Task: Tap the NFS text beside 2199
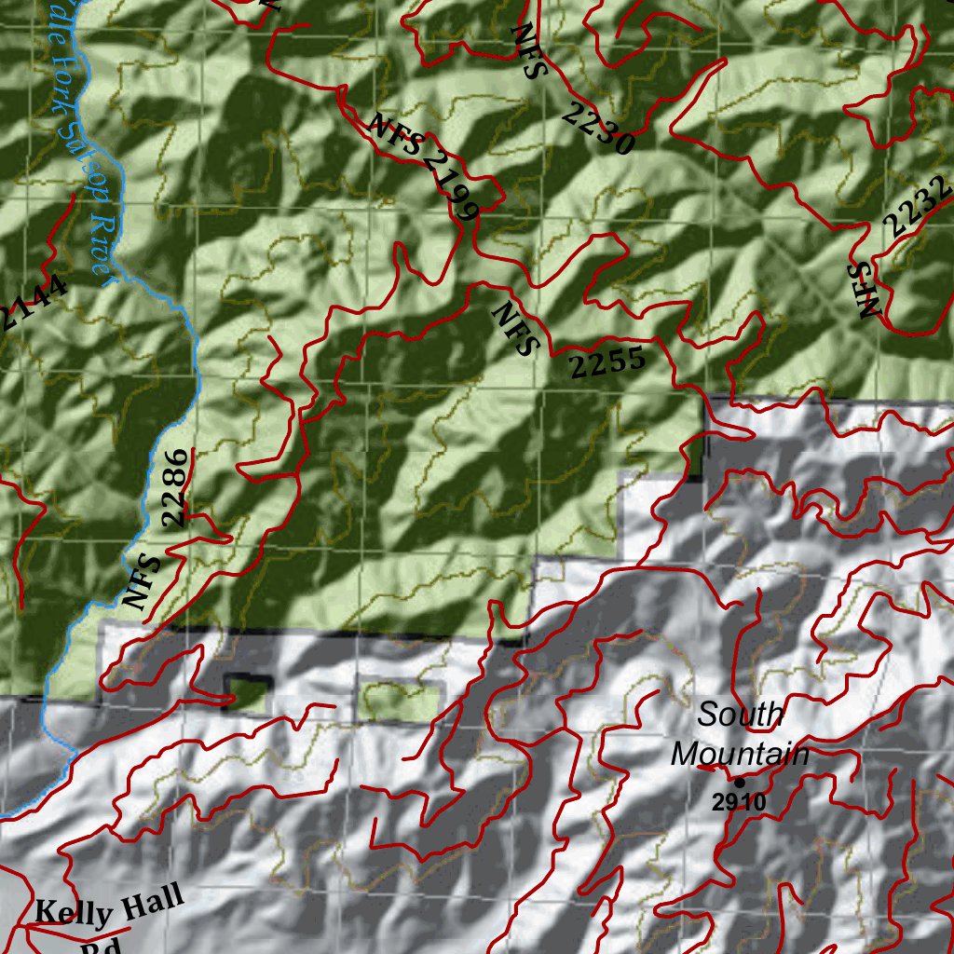click(395, 134)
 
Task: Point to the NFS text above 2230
click(525, 52)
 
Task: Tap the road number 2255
click(607, 361)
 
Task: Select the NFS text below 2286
click(143, 579)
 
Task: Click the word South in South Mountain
click(740, 715)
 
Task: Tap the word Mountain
click(740, 754)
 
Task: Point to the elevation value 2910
click(739, 802)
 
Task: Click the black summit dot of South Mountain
click(740, 782)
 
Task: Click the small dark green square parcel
click(245, 690)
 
